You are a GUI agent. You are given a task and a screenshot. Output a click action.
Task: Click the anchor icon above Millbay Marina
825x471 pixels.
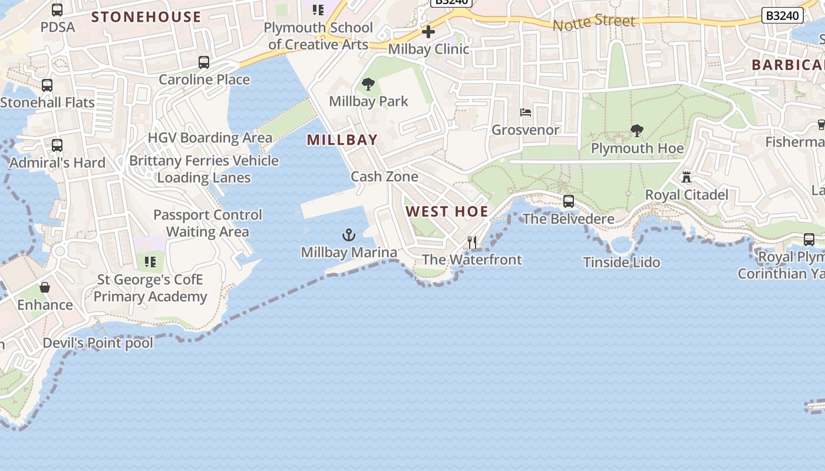[349, 235]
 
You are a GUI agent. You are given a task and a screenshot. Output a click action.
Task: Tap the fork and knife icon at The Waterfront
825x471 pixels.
[472, 243]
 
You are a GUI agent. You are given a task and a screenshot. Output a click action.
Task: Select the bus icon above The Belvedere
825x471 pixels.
[569, 201]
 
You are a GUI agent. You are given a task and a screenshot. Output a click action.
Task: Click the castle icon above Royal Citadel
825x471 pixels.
[687, 177]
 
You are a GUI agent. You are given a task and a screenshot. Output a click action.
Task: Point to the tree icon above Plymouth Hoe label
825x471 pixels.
[636, 130]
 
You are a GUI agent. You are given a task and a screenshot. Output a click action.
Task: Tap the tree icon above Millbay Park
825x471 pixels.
[368, 84]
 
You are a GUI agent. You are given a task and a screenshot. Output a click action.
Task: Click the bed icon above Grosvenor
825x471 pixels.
[526, 112]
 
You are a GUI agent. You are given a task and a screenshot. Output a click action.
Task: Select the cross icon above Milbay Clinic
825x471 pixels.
[428, 32]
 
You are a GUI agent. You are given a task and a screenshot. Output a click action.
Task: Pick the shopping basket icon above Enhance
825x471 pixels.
[45, 287]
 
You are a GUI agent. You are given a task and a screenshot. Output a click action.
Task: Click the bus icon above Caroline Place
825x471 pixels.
[204, 62]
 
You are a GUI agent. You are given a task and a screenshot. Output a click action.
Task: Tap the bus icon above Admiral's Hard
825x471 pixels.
[57, 145]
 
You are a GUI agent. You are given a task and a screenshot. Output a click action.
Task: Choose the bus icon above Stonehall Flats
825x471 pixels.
[47, 85]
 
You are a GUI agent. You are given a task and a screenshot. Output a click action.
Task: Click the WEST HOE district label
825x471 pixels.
[447, 212]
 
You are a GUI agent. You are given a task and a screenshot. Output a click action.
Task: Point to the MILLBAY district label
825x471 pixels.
[342, 140]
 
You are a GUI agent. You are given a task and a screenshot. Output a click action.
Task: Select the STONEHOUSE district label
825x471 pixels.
[146, 17]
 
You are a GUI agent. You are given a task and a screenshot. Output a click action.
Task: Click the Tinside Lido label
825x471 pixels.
[622, 263]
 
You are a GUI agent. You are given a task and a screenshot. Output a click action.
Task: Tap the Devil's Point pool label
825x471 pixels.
[98, 343]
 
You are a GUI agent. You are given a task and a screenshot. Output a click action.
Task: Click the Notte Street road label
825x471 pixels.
[594, 22]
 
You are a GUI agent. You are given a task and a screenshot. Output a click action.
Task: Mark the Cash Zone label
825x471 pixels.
[384, 177]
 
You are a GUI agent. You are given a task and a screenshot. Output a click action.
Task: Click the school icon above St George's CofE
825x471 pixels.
[150, 261]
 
